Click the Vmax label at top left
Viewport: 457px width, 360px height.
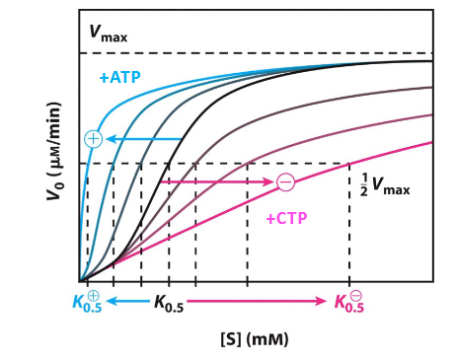click(108, 33)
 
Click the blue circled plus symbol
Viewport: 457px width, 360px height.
click(93, 139)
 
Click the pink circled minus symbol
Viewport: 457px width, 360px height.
click(285, 181)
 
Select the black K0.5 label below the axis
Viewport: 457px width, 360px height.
click(168, 304)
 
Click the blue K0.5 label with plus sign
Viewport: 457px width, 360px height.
click(86, 303)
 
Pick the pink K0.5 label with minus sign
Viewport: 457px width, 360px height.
click(349, 303)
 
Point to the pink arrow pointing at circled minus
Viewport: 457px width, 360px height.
click(217, 181)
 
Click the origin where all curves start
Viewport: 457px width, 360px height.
click(80, 281)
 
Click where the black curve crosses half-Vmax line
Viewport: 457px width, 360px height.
click(169, 164)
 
